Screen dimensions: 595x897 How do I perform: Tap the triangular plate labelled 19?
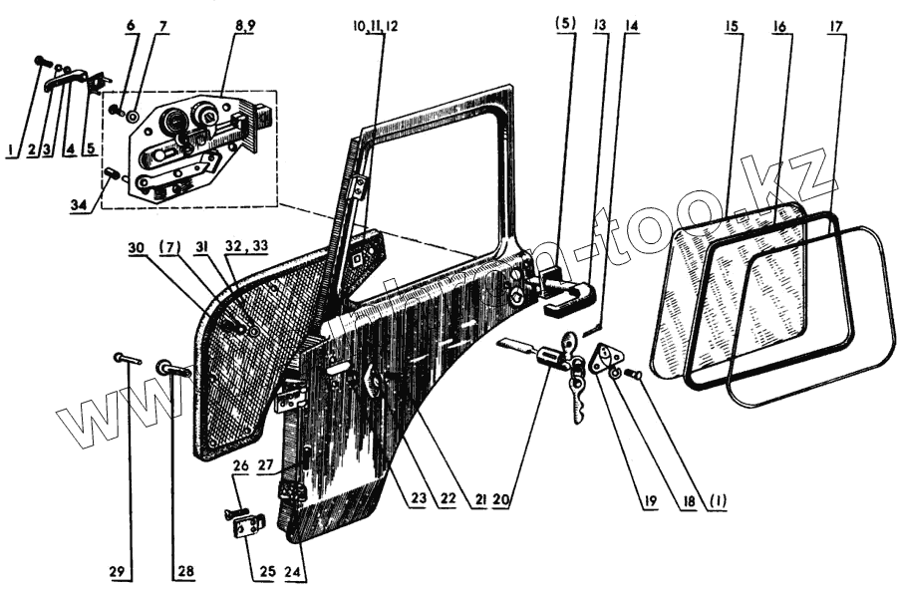point(602,360)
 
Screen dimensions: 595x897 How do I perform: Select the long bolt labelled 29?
point(128,356)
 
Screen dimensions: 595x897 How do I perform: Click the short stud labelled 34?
point(113,177)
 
